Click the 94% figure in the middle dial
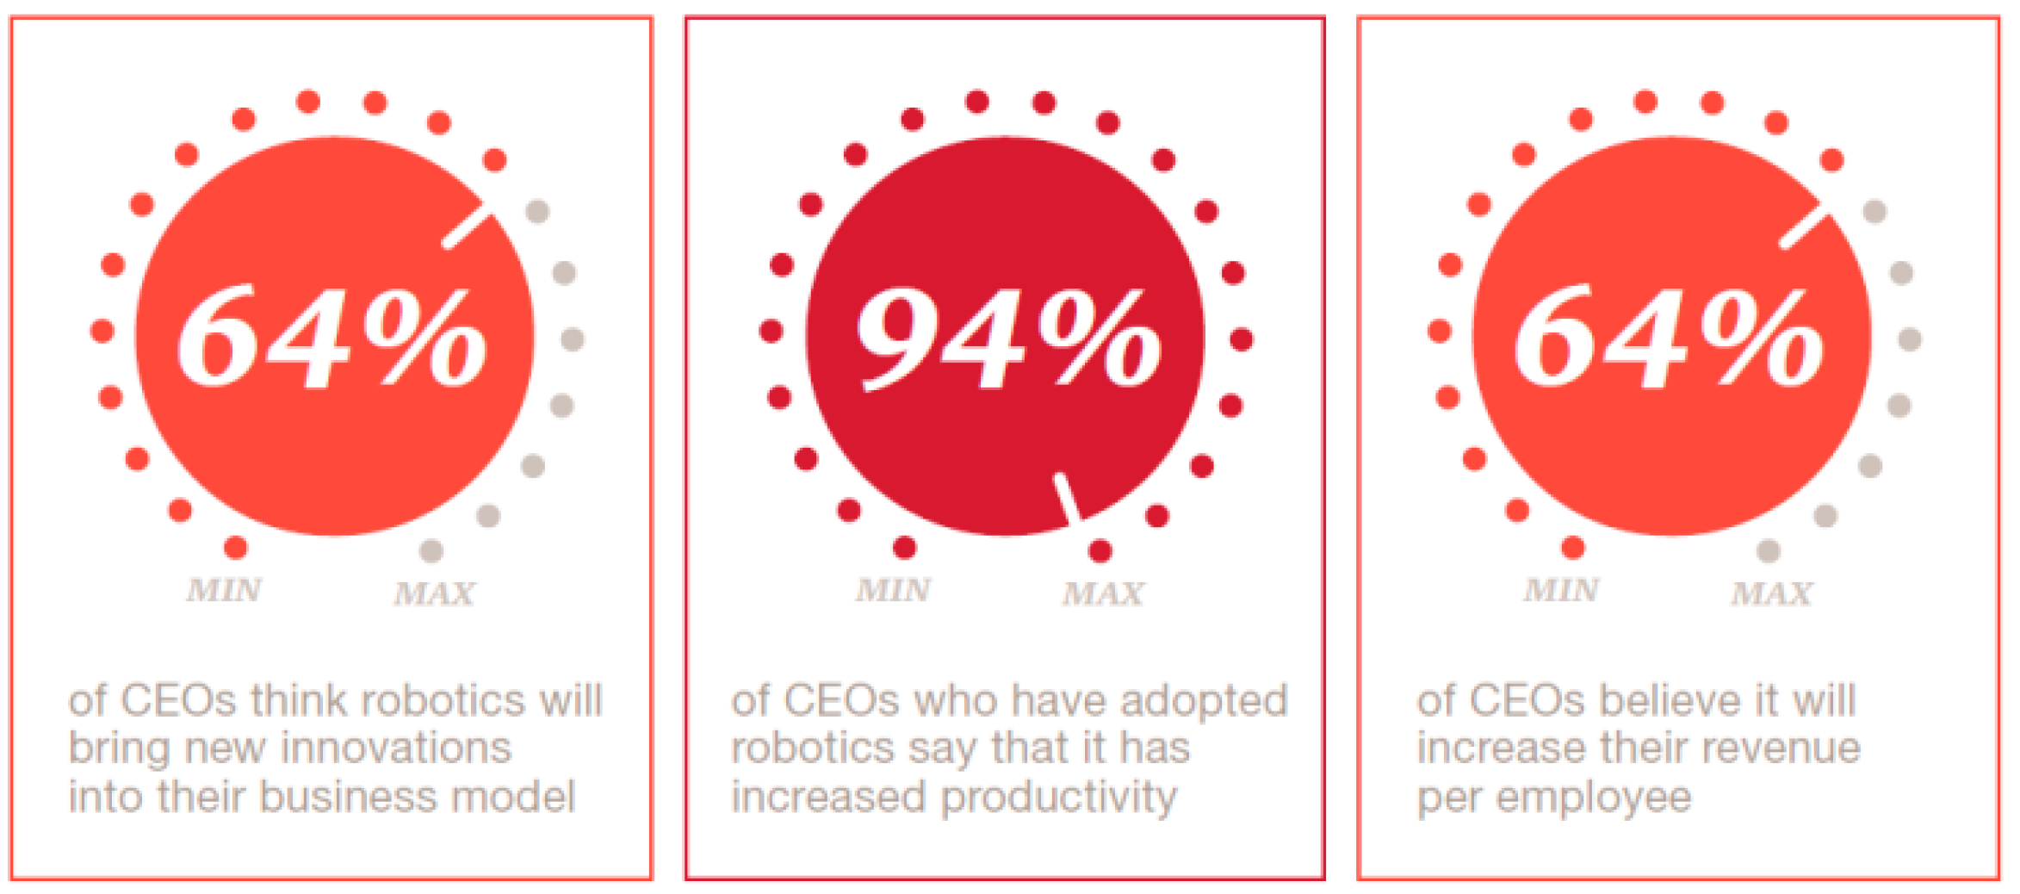(x=1007, y=338)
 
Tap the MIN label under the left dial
(x=224, y=591)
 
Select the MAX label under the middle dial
(x=1103, y=593)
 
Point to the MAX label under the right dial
(x=1772, y=593)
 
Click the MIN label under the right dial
(x=1561, y=591)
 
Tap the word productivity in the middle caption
(x=1059, y=798)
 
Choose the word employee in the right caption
(x=1593, y=798)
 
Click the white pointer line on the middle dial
(x=1068, y=498)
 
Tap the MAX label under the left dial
(x=435, y=593)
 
